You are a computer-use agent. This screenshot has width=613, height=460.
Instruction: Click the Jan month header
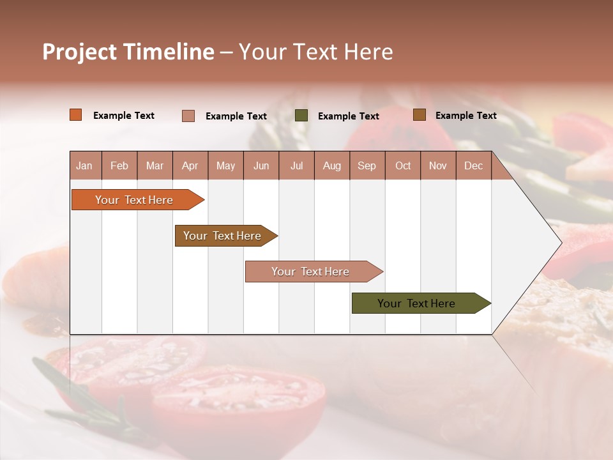click(84, 165)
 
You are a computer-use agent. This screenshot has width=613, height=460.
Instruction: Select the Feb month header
click(119, 165)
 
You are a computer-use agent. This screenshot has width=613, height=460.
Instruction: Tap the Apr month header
click(190, 165)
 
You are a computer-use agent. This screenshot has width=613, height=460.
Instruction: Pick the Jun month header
click(261, 165)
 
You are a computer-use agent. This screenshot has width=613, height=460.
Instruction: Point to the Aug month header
click(332, 165)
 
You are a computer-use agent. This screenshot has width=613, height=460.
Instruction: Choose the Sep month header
click(367, 165)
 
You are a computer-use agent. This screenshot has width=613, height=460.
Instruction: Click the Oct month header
click(403, 165)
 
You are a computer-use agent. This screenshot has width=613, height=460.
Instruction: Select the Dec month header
click(474, 165)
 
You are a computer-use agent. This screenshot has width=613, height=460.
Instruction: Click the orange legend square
click(76, 115)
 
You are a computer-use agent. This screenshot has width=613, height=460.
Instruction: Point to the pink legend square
click(188, 116)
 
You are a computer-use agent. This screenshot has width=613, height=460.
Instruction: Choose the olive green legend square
click(301, 115)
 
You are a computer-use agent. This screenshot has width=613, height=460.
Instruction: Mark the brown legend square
click(420, 115)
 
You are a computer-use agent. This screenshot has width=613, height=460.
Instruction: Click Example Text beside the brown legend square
click(465, 116)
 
